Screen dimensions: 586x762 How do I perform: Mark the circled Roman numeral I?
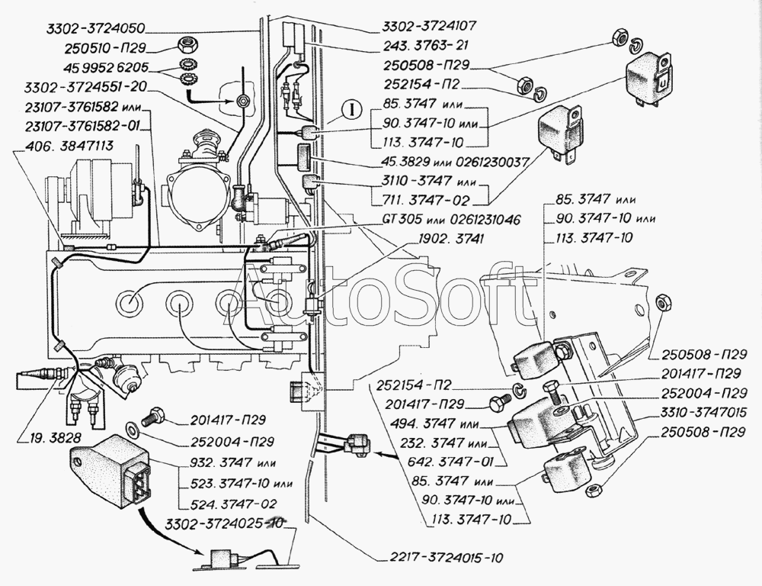pyautogui.click(x=347, y=108)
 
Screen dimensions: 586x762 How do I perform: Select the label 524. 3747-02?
pyautogui.click(x=226, y=504)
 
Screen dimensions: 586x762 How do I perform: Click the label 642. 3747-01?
pyautogui.click(x=456, y=462)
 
